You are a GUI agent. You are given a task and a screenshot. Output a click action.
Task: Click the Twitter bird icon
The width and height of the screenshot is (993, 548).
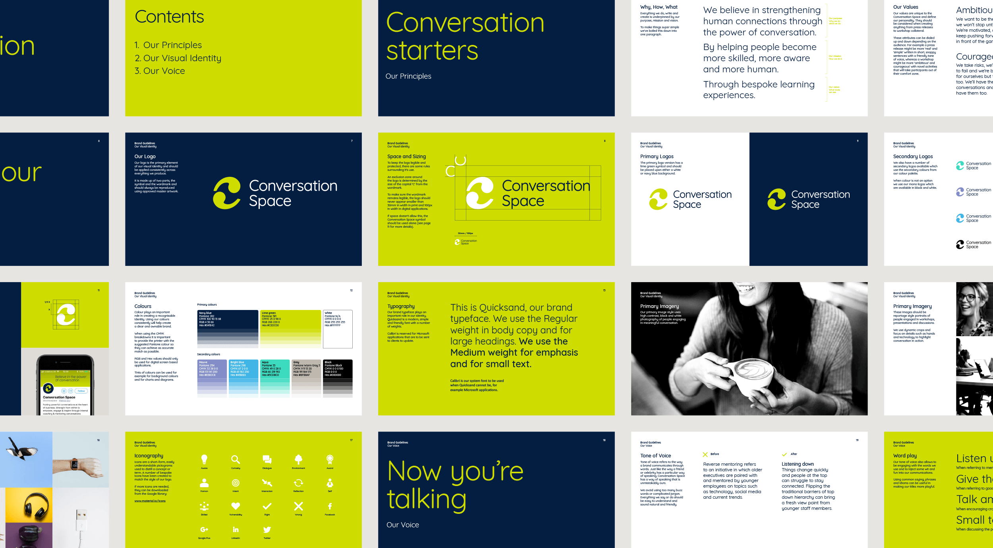coord(267,529)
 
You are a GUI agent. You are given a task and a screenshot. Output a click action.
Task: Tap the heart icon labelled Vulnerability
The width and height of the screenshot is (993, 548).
coord(236,506)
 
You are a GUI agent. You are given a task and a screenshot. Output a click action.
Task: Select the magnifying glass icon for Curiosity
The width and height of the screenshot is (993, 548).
coord(236,459)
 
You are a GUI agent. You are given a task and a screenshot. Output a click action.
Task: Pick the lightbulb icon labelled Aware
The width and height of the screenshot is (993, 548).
coord(204,459)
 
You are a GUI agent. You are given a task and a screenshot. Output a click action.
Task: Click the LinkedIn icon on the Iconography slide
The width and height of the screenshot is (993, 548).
coord(236,529)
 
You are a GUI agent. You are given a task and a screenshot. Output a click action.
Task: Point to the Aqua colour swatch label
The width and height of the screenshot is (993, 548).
coord(265,362)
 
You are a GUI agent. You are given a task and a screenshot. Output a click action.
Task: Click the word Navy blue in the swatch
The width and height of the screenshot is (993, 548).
coord(205,313)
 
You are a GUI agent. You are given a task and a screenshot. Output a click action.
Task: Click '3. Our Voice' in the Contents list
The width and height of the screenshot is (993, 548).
coord(160,71)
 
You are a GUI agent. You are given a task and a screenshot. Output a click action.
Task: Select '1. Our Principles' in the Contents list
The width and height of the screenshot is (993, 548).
coord(168,45)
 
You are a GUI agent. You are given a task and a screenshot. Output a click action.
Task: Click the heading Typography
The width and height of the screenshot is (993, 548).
coord(401,306)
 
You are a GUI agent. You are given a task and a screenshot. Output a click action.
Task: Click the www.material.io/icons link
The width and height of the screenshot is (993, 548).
coord(150,501)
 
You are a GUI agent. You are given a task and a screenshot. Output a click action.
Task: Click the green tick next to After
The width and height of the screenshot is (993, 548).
coord(784,454)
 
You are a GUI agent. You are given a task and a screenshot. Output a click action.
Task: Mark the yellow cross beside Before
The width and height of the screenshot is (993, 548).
coord(705,454)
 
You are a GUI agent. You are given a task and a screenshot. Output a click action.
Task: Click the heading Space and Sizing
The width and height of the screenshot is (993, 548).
coord(406,157)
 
